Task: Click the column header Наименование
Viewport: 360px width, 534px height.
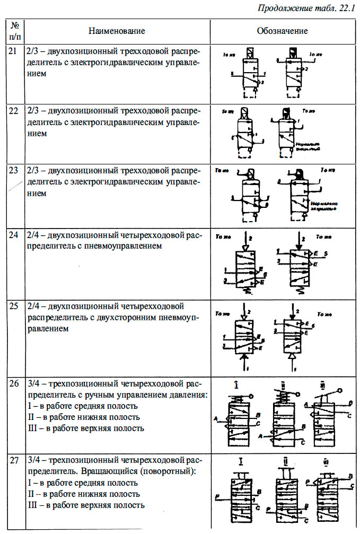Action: tap(116, 31)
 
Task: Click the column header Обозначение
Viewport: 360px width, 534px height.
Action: tap(282, 31)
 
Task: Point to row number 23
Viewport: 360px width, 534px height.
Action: tap(14, 171)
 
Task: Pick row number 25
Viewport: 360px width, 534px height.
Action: tap(14, 307)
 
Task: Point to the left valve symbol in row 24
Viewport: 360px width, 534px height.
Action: tap(246, 265)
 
